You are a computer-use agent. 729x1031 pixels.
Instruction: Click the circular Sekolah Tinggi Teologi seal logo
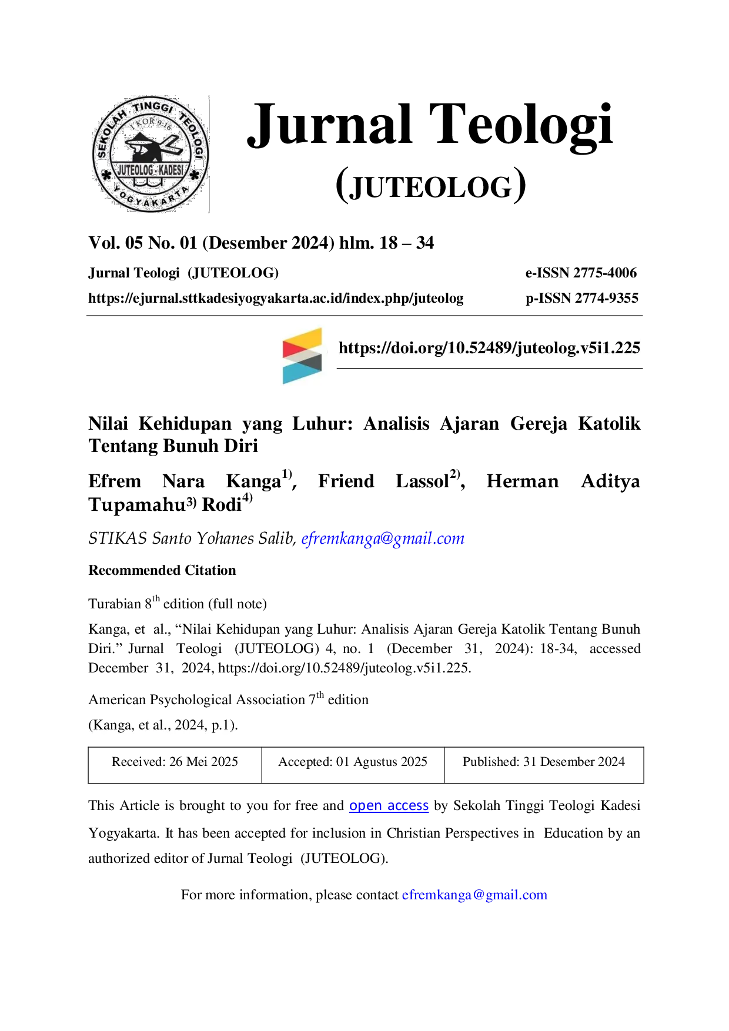(x=151, y=154)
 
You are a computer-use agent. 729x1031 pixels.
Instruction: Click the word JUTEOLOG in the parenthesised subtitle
(x=431, y=188)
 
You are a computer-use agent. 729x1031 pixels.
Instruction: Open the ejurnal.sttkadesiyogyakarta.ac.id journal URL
(x=276, y=299)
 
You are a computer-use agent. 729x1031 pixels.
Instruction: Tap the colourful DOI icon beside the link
(x=302, y=356)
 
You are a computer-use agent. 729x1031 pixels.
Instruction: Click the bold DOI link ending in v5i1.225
(x=489, y=348)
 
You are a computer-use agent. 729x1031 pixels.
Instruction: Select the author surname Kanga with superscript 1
(x=259, y=480)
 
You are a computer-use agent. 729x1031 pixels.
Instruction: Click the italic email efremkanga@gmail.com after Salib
(x=383, y=538)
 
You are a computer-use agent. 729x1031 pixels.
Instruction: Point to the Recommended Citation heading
(x=162, y=570)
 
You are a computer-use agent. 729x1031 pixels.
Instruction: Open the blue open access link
(x=389, y=806)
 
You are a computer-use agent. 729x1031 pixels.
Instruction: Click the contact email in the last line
(x=474, y=895)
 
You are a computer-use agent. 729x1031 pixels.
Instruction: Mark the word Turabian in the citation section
(x=115, y=604)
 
